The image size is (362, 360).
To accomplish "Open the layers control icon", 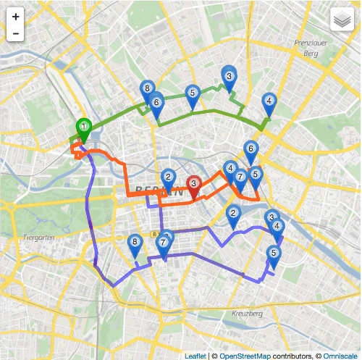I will (x=341, y=20).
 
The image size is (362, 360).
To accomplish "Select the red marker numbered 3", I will (x=194, y=186).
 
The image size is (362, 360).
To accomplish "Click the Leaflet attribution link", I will (x=195, y=355).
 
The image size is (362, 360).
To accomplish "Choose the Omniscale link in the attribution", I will (x=339, y=355).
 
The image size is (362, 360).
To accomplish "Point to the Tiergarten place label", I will (x=35, y=237).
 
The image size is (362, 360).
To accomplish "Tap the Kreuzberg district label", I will (x=247, y=314).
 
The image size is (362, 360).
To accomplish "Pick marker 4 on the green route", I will (x=269, y=103).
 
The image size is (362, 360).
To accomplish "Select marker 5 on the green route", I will (x=192, y=94).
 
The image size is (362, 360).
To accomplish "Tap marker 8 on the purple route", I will (x=134, y=244).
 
